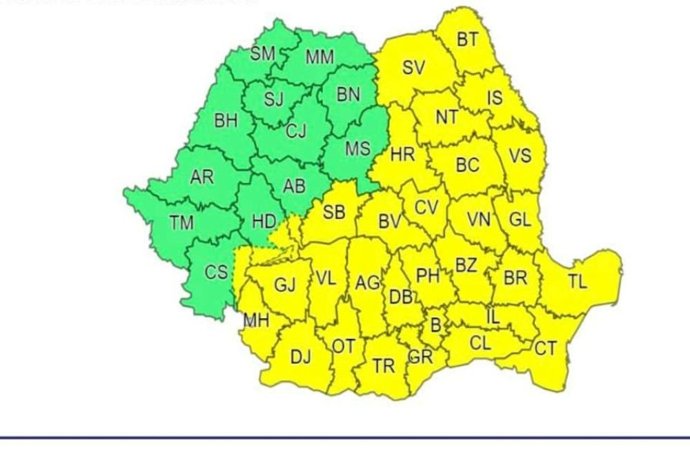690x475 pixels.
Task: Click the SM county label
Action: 262,54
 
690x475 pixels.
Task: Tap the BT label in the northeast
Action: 467,39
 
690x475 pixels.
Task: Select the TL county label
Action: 578,281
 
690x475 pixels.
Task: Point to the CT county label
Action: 545,349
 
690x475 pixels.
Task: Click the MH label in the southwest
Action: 256,321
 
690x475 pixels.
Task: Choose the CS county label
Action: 216,272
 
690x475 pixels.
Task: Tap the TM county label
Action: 181,222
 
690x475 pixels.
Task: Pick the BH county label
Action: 226,121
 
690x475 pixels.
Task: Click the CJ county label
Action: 295,130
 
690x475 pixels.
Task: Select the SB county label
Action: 334,212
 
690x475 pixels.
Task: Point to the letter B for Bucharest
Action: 435,323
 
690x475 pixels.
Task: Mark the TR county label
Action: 384,366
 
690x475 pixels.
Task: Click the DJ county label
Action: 300,357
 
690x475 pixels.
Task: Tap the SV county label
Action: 413,68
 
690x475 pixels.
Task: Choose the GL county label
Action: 520,220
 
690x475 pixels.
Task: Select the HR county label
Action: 402,154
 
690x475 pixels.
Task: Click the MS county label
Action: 357,148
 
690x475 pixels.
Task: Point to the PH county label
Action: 428,275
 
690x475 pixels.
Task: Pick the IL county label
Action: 493,317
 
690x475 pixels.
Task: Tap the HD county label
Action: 264,222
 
